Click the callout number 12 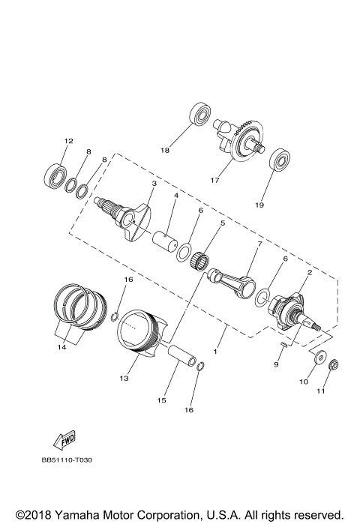tap(68, 141)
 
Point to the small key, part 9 tap(281, 345)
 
